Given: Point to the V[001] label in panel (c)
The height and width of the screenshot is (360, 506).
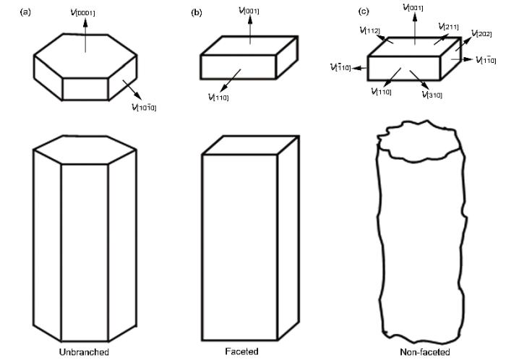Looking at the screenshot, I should coord(414,7).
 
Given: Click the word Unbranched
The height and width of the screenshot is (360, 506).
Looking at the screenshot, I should coord(85,351).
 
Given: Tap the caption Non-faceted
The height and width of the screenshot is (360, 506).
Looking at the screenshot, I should coord(424,351).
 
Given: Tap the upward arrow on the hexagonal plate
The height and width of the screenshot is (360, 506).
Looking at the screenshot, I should coord(85,25).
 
